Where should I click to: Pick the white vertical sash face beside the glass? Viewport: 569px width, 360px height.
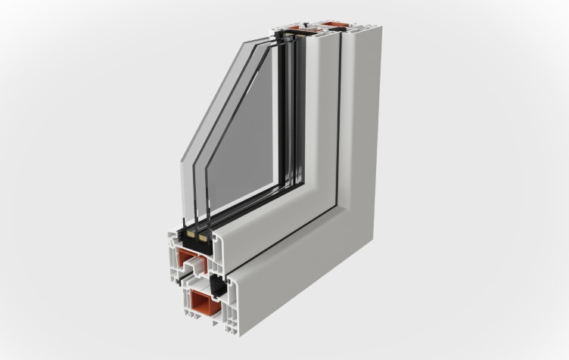click(x=314, y=113)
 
